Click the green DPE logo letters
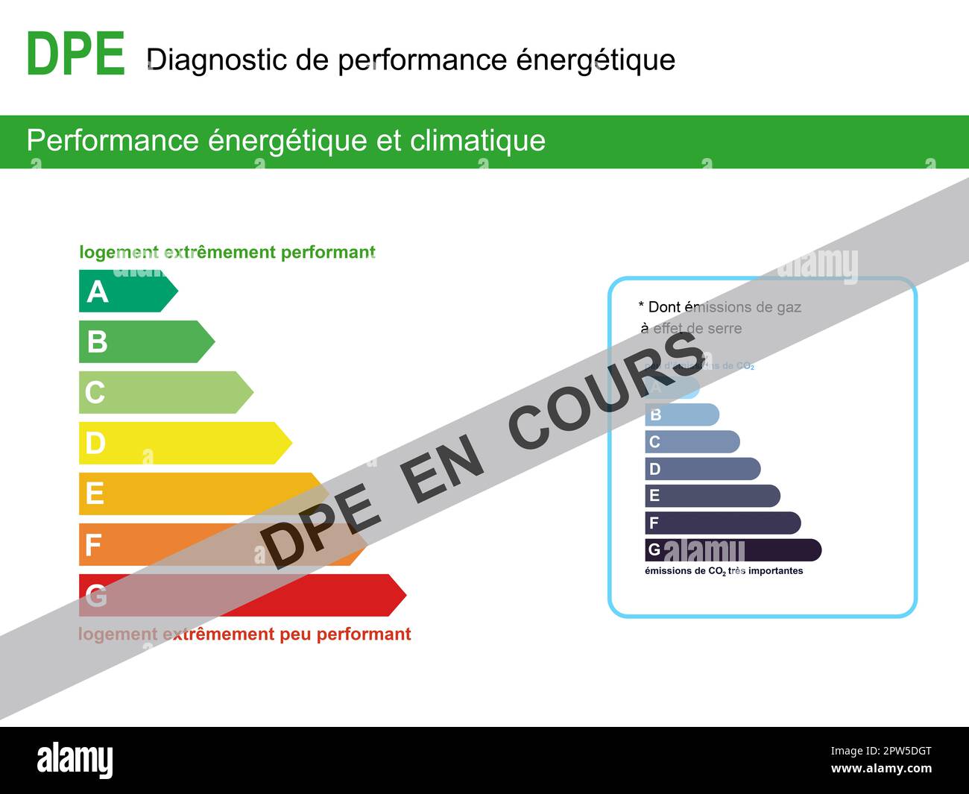coord(75,54)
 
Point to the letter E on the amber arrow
coord(95,494)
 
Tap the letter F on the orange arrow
coord(93,545)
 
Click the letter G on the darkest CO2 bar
coord(654,550)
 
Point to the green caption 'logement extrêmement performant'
coord(227,252)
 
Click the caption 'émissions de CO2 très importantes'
coord(723,571)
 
